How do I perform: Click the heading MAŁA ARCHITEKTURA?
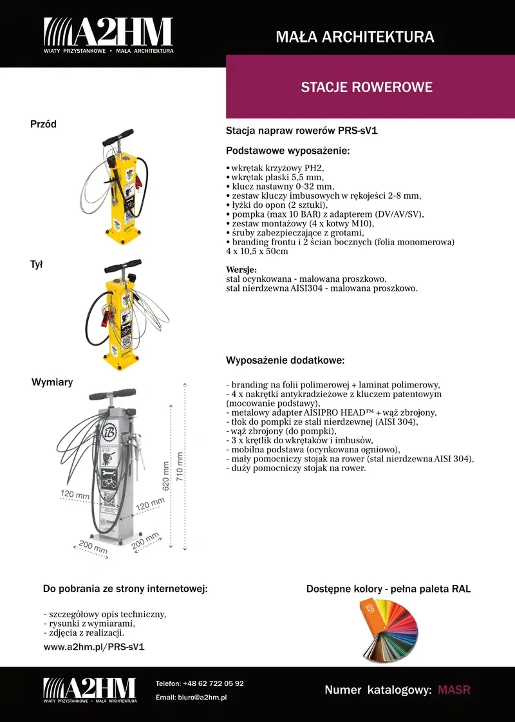pyautogui.click(x=355, y=37)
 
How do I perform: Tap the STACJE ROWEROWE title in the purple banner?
pyautogui.click(x=366, y=87)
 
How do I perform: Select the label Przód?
pyautogui.click(x=44, y=124)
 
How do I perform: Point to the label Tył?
pyautogui.click(x=36, y=264)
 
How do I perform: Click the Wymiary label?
pyautogui.click(x=52, y=382)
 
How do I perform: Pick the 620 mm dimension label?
pyautogui.click(x=166, y=476)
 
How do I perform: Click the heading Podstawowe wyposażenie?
pyautogui.click(x=288, y=151)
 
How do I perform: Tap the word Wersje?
pyautogui.click(x=241, y=270)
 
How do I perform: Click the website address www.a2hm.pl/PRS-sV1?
pyautogui.click(x=94, y=646)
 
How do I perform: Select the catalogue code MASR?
pyautogui.click(x=454, y=690)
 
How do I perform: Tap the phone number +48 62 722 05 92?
pyautogui.click(x=213, y=683)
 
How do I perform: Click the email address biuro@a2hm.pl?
pyautogui.click(x=203, y=698)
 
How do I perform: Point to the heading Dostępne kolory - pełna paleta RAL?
pyautogui.click(x=388, y=589)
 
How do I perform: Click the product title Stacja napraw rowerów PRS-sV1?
pyautogui.click(x=301, y=131)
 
